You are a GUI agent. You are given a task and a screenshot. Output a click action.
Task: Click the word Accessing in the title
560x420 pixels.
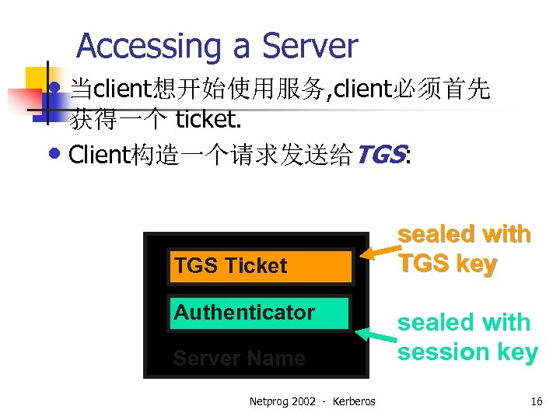coord(149,47)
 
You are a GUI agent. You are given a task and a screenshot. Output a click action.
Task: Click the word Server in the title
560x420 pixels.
coord(310,47)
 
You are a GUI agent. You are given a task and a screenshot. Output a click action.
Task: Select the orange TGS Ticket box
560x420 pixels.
coord(260,266)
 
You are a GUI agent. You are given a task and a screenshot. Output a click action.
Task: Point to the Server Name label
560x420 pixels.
coord(239,359)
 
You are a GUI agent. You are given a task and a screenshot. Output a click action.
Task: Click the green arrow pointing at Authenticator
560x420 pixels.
coord(376,336)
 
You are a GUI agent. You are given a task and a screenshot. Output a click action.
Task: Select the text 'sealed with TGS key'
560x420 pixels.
coord(464,249)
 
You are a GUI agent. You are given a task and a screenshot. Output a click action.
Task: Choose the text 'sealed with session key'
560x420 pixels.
coord(467,337)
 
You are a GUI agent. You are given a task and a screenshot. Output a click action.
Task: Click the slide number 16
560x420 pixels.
coord(536,402)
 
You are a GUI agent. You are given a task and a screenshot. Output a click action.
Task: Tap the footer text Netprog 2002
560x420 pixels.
coord(282,402)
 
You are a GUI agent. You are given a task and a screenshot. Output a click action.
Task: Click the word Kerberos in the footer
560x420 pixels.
coord(354,402)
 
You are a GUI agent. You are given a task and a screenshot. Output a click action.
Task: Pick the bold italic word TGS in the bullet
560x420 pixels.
coord(379,156)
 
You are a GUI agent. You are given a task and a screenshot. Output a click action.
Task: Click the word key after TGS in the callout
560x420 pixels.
coord(476,264)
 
